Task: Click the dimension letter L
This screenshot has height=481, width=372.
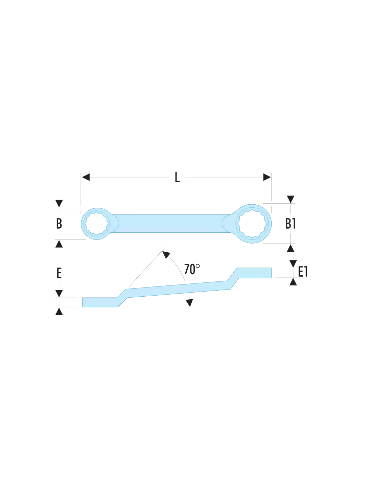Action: [177, 177]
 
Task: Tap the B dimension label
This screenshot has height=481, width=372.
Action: [59, 224]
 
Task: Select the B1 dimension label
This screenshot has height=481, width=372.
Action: [290, 224]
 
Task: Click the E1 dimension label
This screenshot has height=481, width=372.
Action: [303, 272]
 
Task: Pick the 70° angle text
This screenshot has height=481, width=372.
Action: [192, 269]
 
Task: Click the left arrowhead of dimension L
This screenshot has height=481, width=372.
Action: [86, 177]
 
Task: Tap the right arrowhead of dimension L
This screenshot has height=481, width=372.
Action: [267, 177]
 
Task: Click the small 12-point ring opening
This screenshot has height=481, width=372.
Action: [97, 224]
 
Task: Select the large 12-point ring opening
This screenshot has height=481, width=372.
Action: [252, 224]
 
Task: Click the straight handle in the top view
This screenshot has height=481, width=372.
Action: [170, 223]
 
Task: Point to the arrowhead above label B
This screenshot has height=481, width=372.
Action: [59, 203]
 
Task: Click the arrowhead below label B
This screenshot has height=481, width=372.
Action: [59, 244]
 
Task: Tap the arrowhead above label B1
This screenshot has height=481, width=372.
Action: [290, 199]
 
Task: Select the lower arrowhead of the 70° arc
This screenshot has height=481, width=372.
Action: [189, 303]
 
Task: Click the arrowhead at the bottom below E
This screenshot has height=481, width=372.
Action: [59, 312]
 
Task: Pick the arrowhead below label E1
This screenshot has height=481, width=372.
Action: [293, 282]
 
